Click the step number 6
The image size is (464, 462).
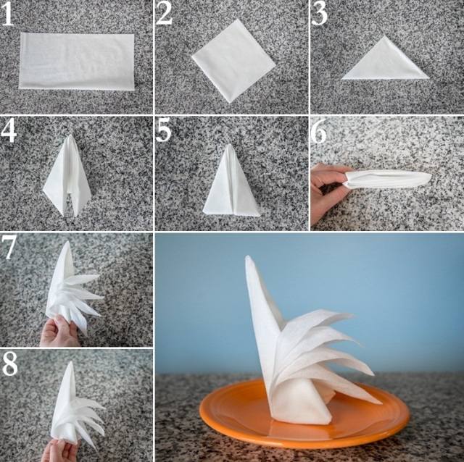(319, 132)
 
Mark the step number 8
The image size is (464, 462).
(9, 364)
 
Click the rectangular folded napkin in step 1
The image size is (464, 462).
(77, 61)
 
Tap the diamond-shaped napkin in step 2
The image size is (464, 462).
(233, 61)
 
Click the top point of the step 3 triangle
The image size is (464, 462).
(384, 36)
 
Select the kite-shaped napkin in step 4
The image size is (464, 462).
(67, 175)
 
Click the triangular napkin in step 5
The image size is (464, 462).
(231, 180)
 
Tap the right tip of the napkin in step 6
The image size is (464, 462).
(431, 177)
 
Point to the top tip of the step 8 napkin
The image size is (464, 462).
(71, 362)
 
